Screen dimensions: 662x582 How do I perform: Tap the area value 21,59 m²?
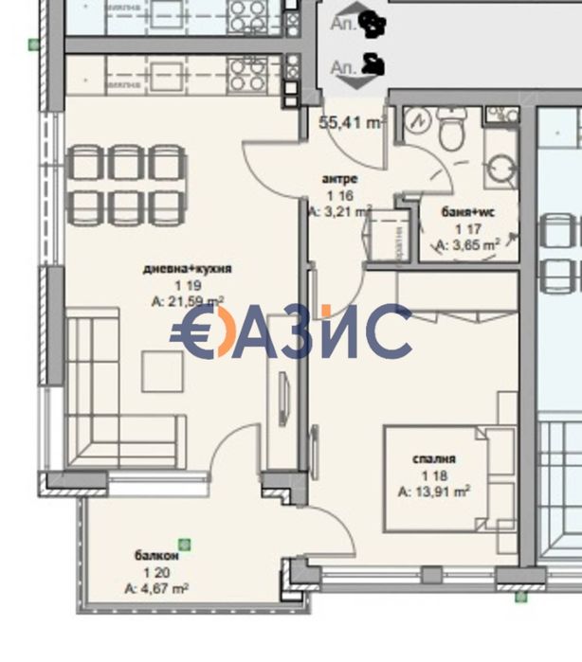187,300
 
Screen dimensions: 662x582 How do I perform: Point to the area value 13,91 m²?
435,492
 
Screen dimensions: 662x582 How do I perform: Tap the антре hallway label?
338,179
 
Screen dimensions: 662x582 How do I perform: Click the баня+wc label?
468,212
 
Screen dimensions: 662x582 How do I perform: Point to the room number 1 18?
433,475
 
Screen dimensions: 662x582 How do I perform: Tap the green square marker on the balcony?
185,544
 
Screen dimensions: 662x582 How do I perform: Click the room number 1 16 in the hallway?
338,195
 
